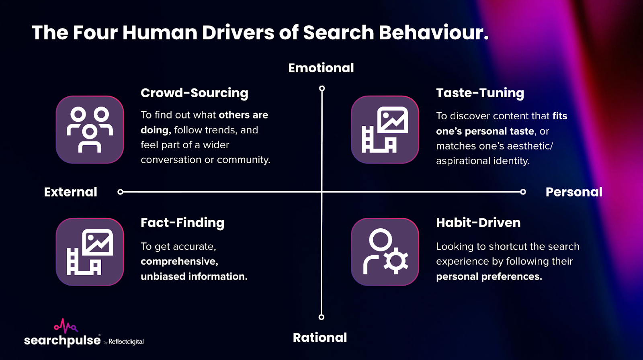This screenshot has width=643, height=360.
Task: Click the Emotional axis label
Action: [321, 68]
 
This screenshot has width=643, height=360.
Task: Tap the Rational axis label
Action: [319, 337]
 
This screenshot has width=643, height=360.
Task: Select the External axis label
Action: [70, 192]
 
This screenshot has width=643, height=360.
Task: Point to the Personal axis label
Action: [574, 192]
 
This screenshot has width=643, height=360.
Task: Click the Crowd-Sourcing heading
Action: [195, 93]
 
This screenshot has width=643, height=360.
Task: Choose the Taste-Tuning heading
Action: [480, 93]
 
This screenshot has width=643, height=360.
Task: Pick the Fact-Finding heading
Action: [182, 223]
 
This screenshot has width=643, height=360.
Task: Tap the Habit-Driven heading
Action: [478, 223]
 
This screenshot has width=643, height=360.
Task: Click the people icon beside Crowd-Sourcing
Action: [90, 129]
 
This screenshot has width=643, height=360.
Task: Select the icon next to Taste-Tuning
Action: [385, 129]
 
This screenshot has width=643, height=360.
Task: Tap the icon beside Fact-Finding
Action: [90, 252]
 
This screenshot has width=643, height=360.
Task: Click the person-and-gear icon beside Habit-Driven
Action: [385, 252]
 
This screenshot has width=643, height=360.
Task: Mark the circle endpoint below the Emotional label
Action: [322, 88]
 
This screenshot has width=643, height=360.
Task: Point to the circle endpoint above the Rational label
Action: [321, 317]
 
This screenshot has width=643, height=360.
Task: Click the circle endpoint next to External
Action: [120, 192]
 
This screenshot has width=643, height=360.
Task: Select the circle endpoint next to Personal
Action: [523, 192]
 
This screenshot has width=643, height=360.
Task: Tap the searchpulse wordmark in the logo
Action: [62, 340]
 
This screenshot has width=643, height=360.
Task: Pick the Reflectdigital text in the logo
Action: [126, 342]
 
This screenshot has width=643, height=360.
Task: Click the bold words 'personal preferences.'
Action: [489, 276]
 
